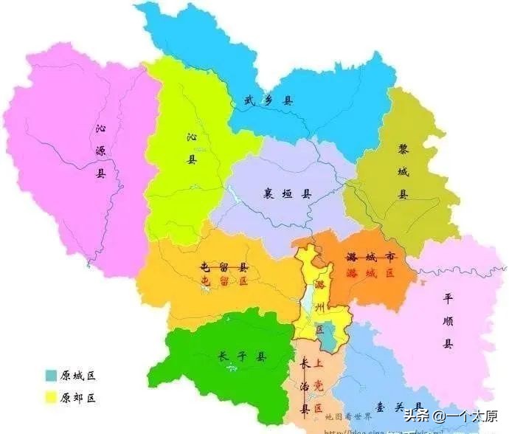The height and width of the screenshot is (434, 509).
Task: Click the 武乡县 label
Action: tap(268, 100)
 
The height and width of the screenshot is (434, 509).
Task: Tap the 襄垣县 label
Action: tap(288, 194)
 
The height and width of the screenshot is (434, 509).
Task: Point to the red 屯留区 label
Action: tap(224, 280)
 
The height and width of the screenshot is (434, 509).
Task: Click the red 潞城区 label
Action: tap(370, 272)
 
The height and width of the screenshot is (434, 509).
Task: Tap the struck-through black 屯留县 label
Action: tap(224, 266)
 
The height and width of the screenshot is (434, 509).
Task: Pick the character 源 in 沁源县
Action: tap(101, 151)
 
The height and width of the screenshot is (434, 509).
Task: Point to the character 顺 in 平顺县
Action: tap(447, 321)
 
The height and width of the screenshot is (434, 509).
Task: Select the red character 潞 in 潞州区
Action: tap(319, 284)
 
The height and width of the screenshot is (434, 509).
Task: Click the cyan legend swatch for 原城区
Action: tap(51, 376)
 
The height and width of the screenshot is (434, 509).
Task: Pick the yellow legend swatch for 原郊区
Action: tap(51, 398)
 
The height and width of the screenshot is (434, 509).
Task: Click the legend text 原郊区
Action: tap(79, 398)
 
